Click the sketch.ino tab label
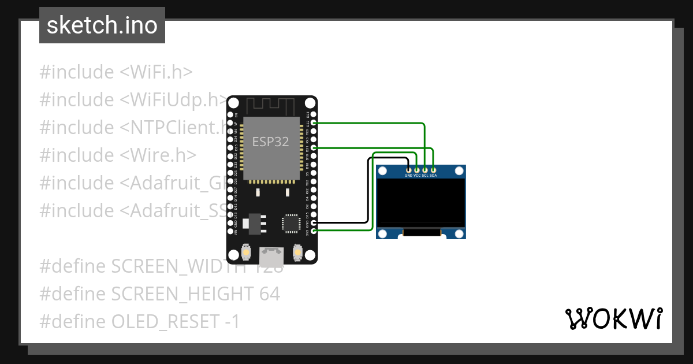pyautogui.click(x=102, y=25)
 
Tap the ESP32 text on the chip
pyautogui.click(x=270, y=141)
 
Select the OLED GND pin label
pyautogui.click(x=408, y=175)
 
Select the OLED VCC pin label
pyautogui.click(x=417, y=175)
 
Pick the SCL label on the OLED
pyautogui.click(x=425, y=175)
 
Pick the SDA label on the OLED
pyautogui.click(x=433, y=175)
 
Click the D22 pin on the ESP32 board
pyautogui.click(x=314, y=123)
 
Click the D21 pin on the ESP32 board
pyautogui.click(x=314, y=148)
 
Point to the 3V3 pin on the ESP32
pyautogui.click(x=314, y=231)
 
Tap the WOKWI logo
pyautogui.click(x=613, y=318)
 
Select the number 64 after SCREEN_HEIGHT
pyautogui.click(x=270, y=294)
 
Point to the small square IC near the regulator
pyautogui.click(x=290, y=223)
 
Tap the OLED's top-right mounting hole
pyautogui.click(x=459, y=171)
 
